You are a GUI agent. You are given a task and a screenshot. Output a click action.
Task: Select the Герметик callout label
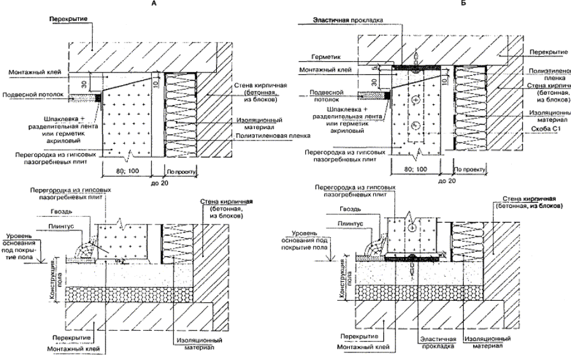pos(329,56)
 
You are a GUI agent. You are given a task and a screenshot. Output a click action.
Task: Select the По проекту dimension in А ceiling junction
pos(181,170)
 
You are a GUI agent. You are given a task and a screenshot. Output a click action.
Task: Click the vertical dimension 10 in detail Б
pos(447,80)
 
